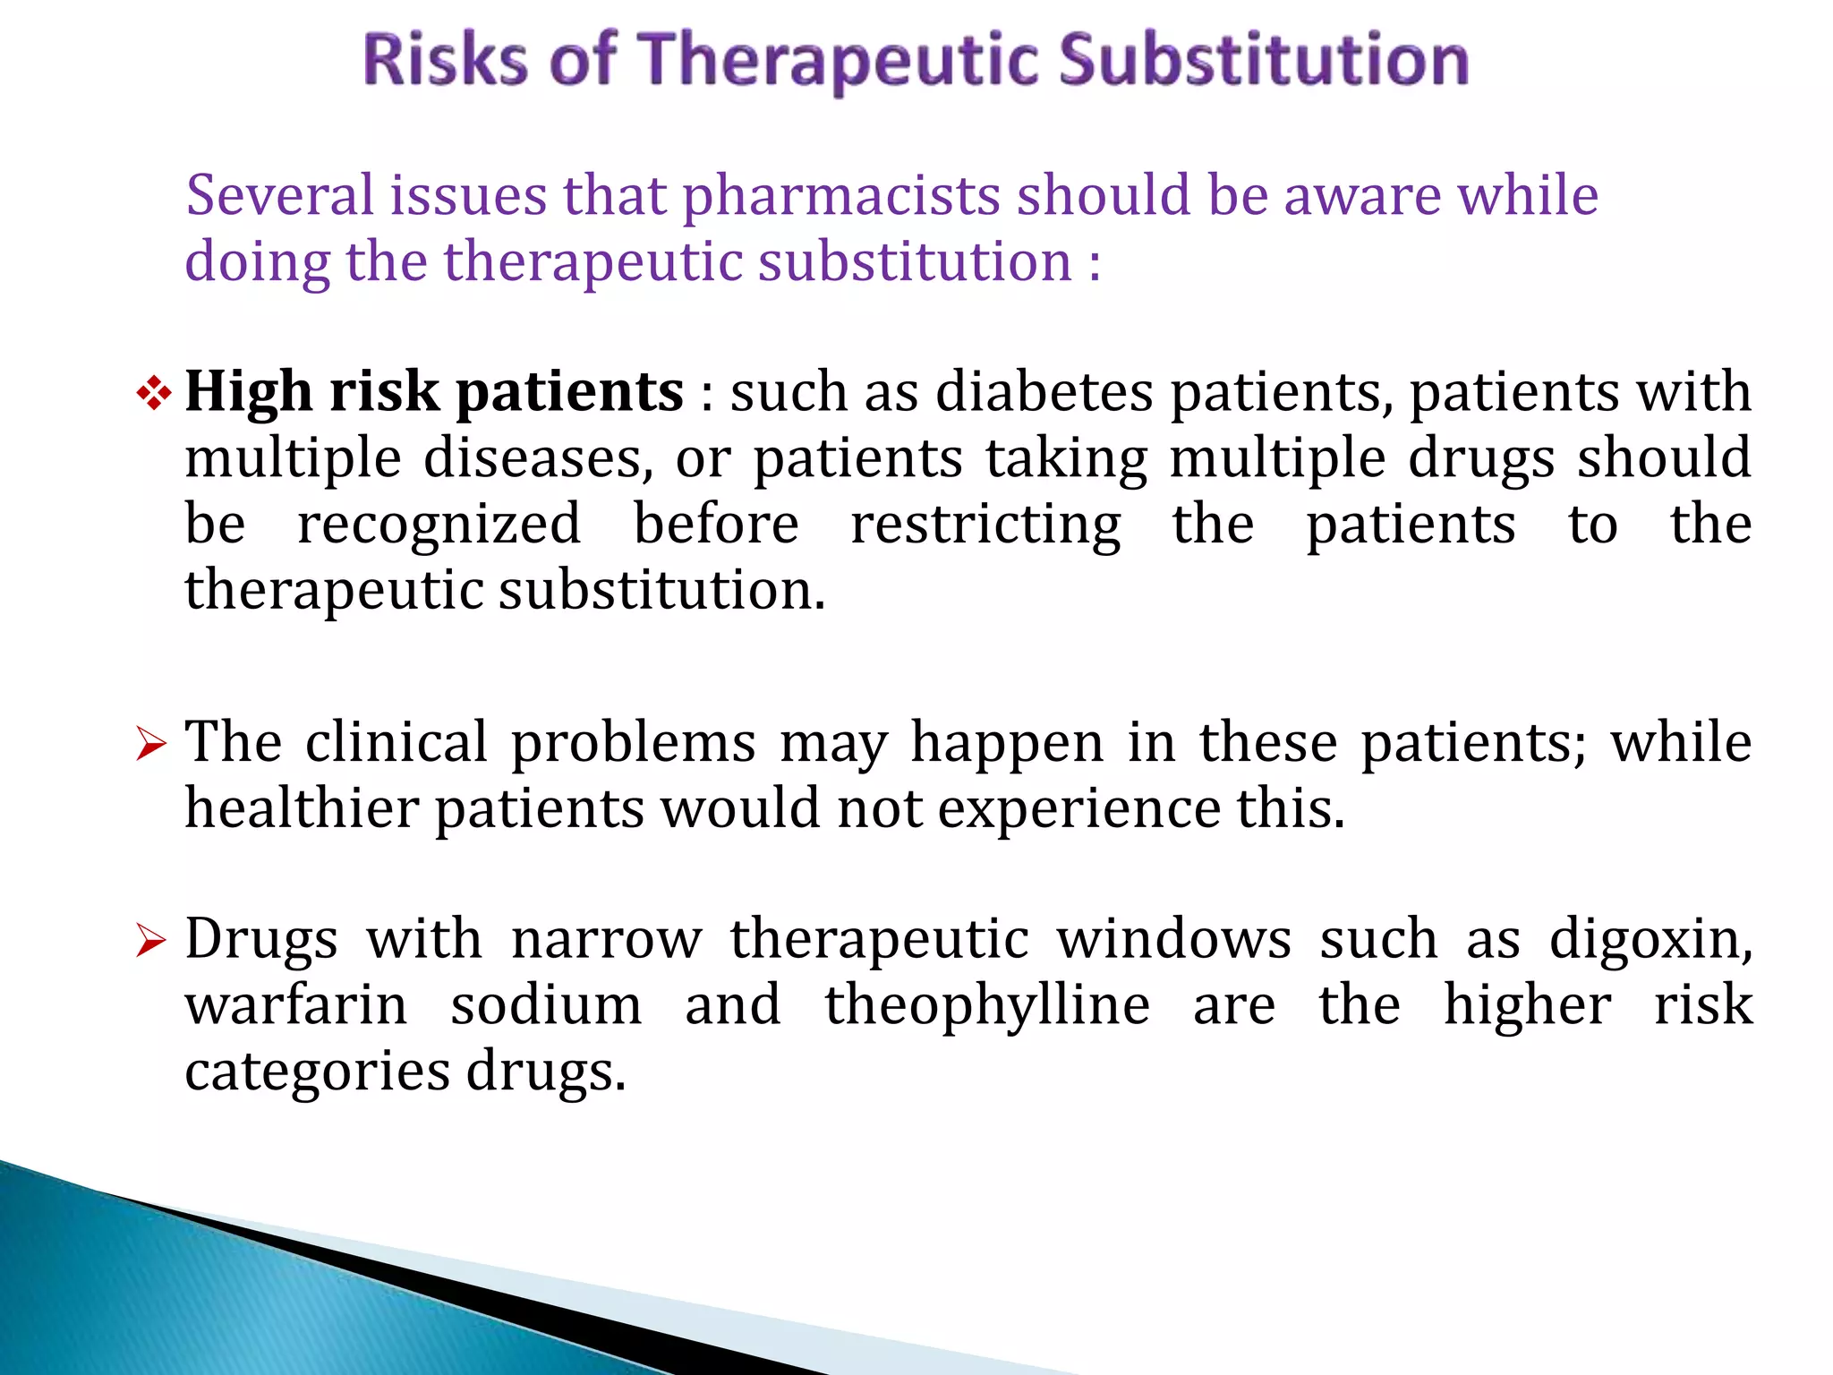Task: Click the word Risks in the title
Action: click(445, 59)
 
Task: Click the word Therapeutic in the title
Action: click(842, 61)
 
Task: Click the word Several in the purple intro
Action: click(279, 196)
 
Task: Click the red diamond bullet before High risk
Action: click(154, 393)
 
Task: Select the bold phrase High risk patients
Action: click(434, 393)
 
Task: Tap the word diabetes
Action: click(1044, 392)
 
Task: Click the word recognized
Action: click(439, 525)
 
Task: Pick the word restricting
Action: click(985, 525)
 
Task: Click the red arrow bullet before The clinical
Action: click(151, 744)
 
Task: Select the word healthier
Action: click(302, 808)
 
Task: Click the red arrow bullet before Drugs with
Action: click(151, 941)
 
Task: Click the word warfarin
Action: click(296, 1005)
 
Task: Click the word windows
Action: click(1173, 940)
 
